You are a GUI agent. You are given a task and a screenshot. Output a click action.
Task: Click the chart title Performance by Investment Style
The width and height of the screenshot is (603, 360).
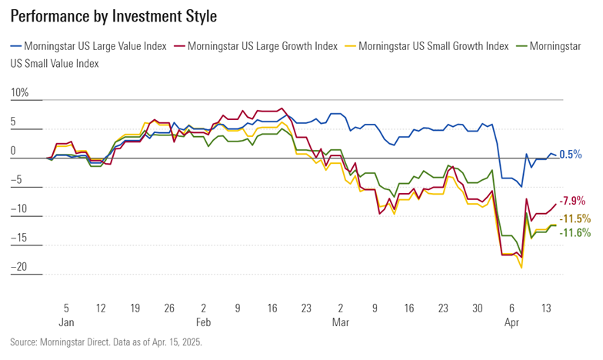[x=114, y=16]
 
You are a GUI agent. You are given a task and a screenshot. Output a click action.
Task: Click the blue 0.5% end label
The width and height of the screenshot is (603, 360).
[x=570, y=155]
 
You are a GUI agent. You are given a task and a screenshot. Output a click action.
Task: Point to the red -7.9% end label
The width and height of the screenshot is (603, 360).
[x=573, y=201]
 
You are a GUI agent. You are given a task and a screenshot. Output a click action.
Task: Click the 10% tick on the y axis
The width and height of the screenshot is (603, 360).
[x=19, y=92]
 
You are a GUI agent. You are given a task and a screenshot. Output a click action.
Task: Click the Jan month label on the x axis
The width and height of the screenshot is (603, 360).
[x=66, y=323]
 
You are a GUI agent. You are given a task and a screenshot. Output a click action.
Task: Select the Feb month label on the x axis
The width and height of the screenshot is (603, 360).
[x=203, y=323]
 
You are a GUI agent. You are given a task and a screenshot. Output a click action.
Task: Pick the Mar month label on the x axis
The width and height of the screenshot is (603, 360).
[x=340, y=323]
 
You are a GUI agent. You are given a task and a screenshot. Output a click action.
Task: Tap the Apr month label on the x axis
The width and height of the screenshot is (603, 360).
[x=511, y=323]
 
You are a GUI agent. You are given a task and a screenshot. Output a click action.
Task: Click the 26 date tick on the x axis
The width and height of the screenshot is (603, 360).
[x=169, y=308]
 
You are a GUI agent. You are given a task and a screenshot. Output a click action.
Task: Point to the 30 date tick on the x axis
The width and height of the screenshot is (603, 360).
[x=477, y=308]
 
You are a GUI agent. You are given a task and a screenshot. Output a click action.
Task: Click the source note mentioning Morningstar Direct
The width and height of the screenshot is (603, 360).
[x=105, y=342]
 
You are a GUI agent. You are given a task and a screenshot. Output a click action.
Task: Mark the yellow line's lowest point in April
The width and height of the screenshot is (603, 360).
[x=522, y=268]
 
